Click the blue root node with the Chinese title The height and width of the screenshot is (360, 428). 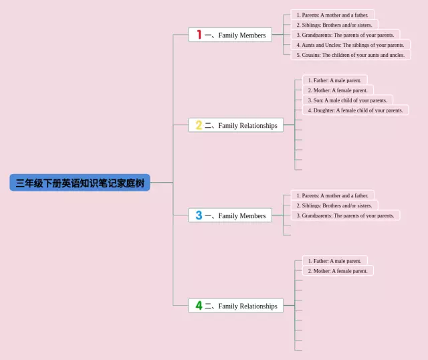(x=80, y=183)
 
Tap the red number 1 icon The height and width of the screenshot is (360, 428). (x=199, y=35)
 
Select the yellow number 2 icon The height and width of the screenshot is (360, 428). (x=199, y=125)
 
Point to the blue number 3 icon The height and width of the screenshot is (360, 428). (x=199, y=215)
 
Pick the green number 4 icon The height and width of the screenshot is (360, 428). (x=199, y=305)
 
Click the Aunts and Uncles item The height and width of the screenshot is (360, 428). (x=350, y=45)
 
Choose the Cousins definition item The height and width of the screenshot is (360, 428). (x=350, y=55)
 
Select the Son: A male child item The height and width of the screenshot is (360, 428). (x=348, y=100)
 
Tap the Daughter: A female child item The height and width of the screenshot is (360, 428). (x=355, y=110)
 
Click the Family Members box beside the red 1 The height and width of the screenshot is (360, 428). (x=230, y=35)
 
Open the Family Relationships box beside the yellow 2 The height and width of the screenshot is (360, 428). (x=236, y=125)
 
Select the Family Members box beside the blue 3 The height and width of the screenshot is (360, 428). (x=230, y=215)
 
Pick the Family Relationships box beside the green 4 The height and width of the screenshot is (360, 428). (x=236, y=305)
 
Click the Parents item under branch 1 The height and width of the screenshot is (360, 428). (x=332, y=15)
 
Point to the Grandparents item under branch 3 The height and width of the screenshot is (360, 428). (x=345, y=215)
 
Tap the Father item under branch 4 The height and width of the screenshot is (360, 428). (x=334, y=261)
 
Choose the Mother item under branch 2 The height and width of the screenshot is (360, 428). (x=338, y=90)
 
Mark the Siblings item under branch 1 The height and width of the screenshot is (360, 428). (x=334, y=25)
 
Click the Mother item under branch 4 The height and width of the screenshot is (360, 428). (x=338, y=271)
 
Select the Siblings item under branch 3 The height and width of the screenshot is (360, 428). (x=334, y=205)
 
